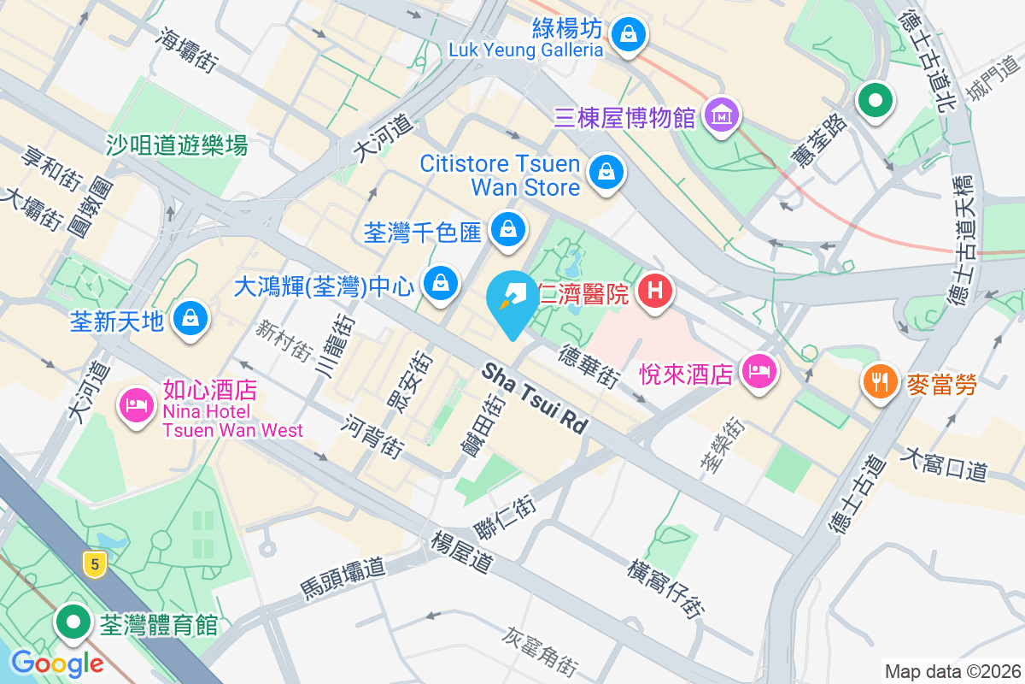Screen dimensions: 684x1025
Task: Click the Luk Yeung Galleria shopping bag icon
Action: (x=629, y=34)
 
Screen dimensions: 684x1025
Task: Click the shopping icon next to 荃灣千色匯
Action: (x=508, y=229)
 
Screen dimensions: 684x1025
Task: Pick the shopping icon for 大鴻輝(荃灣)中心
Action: (x=441, y=282)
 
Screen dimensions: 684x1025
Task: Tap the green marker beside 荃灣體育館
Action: (x=74, y=622)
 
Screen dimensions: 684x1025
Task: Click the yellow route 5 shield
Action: (x=95, y=563)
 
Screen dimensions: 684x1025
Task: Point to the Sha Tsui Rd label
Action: (x=536, y=398)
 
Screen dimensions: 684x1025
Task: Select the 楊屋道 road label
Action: (x=462, y=552)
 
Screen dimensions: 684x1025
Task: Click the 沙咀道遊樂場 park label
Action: (x=177, y=145)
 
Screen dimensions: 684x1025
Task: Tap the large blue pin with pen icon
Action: (x=512, y=299)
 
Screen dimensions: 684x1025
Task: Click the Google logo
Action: (x=57, y=663)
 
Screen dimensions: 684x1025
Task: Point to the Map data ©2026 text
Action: (x=952, y=671)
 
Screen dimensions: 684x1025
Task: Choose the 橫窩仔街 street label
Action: (x=665, y=589)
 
